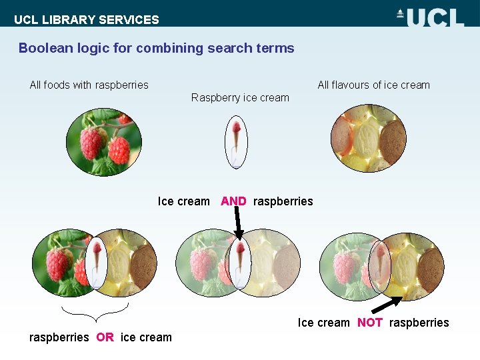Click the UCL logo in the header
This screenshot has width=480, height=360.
pos(430,16)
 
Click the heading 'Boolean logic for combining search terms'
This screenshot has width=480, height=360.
pos(156,48)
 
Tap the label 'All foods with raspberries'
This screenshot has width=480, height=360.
pos(89,85)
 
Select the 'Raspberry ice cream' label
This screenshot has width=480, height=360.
pos(240,97)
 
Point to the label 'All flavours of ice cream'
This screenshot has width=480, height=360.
pos(373,85)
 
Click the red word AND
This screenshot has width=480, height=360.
pos(233,201)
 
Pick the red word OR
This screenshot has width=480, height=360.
pos(105,337)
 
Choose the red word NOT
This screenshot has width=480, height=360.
pos(369,323)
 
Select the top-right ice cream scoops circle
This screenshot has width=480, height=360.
pos(369,139)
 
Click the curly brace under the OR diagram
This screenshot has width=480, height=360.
pos(94,311)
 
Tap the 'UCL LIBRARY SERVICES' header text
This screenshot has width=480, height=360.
pos(87,19)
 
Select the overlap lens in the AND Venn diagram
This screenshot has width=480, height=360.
pos(238,262)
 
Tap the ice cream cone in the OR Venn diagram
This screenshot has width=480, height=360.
pos(97,262)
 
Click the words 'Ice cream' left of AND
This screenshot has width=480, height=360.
pos(183,201)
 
